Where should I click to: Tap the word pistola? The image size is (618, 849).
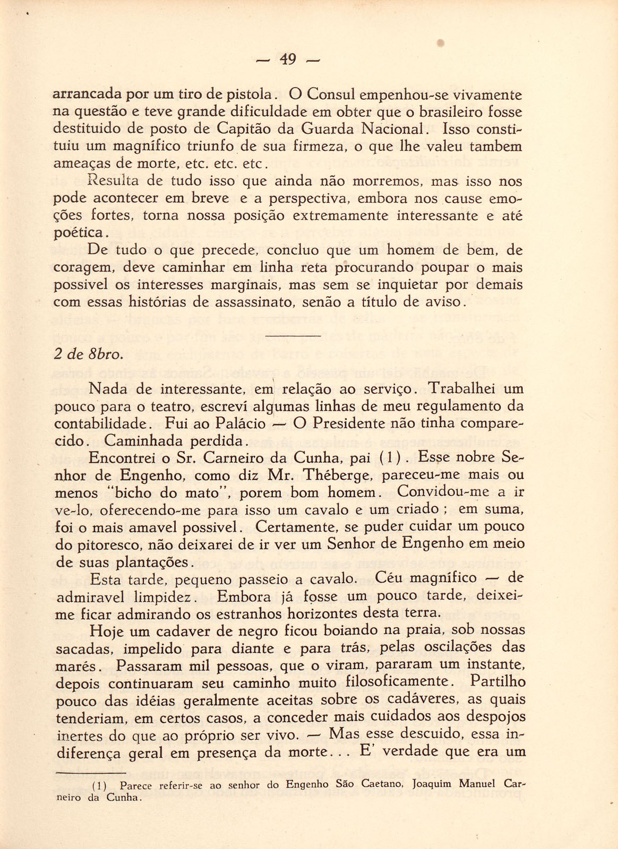click(248, 96)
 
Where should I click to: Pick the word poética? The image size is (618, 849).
click(81, 233)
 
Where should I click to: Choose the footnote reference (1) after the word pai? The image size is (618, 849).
click(393, 457)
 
